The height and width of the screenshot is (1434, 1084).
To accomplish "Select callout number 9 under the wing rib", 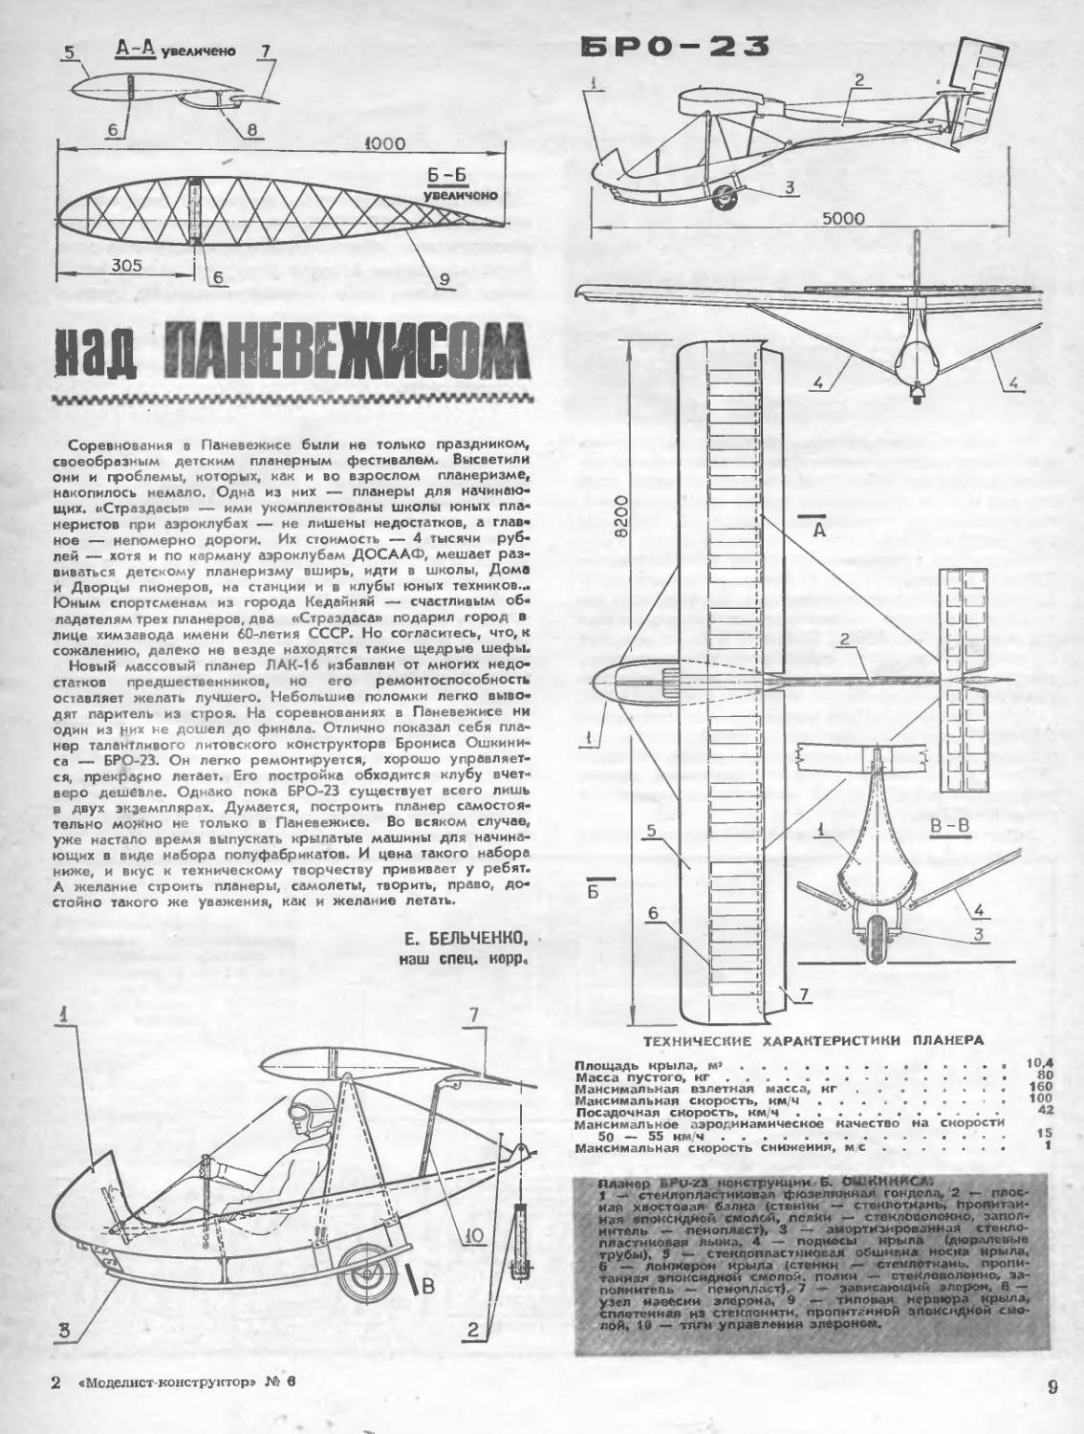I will click(x=444, y=279).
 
